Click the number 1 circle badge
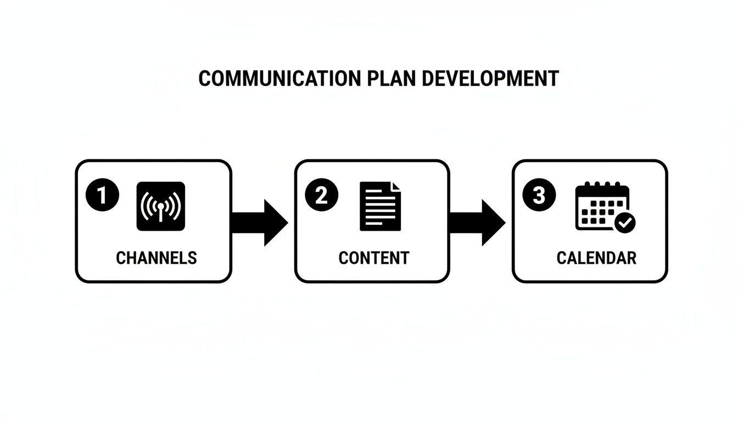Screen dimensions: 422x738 [102, 196]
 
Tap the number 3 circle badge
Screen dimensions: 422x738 [539, 196]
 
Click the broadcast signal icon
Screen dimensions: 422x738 [160, 206]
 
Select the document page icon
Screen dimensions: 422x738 [380, 206]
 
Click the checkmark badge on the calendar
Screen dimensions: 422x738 [625, 223]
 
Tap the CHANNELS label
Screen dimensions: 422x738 [156, 258]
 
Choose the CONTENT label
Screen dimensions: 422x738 [374, 258]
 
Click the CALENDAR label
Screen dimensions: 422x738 [596, 258]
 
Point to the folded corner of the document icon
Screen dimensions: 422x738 [396, 187]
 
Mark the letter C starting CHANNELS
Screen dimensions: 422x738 [121, 258]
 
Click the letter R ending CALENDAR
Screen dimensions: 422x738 [631, 258]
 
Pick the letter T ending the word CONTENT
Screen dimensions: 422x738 [404, 258]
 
